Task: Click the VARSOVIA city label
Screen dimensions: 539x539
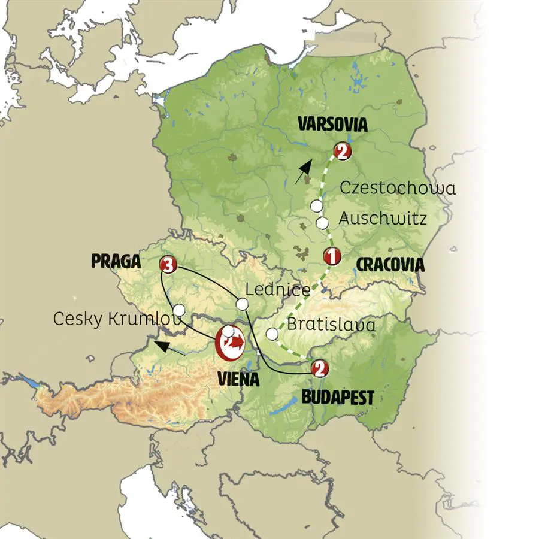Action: point(332,125)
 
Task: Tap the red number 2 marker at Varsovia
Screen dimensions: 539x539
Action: point(342,151)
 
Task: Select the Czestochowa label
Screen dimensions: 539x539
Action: point(398,188)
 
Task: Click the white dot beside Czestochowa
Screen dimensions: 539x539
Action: point(316,207)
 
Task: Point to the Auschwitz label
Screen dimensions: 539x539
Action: point(383,219)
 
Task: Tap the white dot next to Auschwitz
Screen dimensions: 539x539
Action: point(322,223)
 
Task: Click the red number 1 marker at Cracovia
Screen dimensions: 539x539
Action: point(331,256)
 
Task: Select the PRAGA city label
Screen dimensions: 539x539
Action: point(116,261)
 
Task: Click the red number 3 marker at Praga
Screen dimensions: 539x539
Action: point(169,264)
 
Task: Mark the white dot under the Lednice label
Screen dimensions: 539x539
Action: point(241,305)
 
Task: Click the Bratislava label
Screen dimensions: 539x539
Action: point(332,325)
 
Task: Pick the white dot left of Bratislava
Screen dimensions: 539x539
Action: point(272,334)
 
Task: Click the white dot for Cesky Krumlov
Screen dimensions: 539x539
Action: point(178,310)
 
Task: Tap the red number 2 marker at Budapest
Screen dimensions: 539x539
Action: point(320,368)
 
